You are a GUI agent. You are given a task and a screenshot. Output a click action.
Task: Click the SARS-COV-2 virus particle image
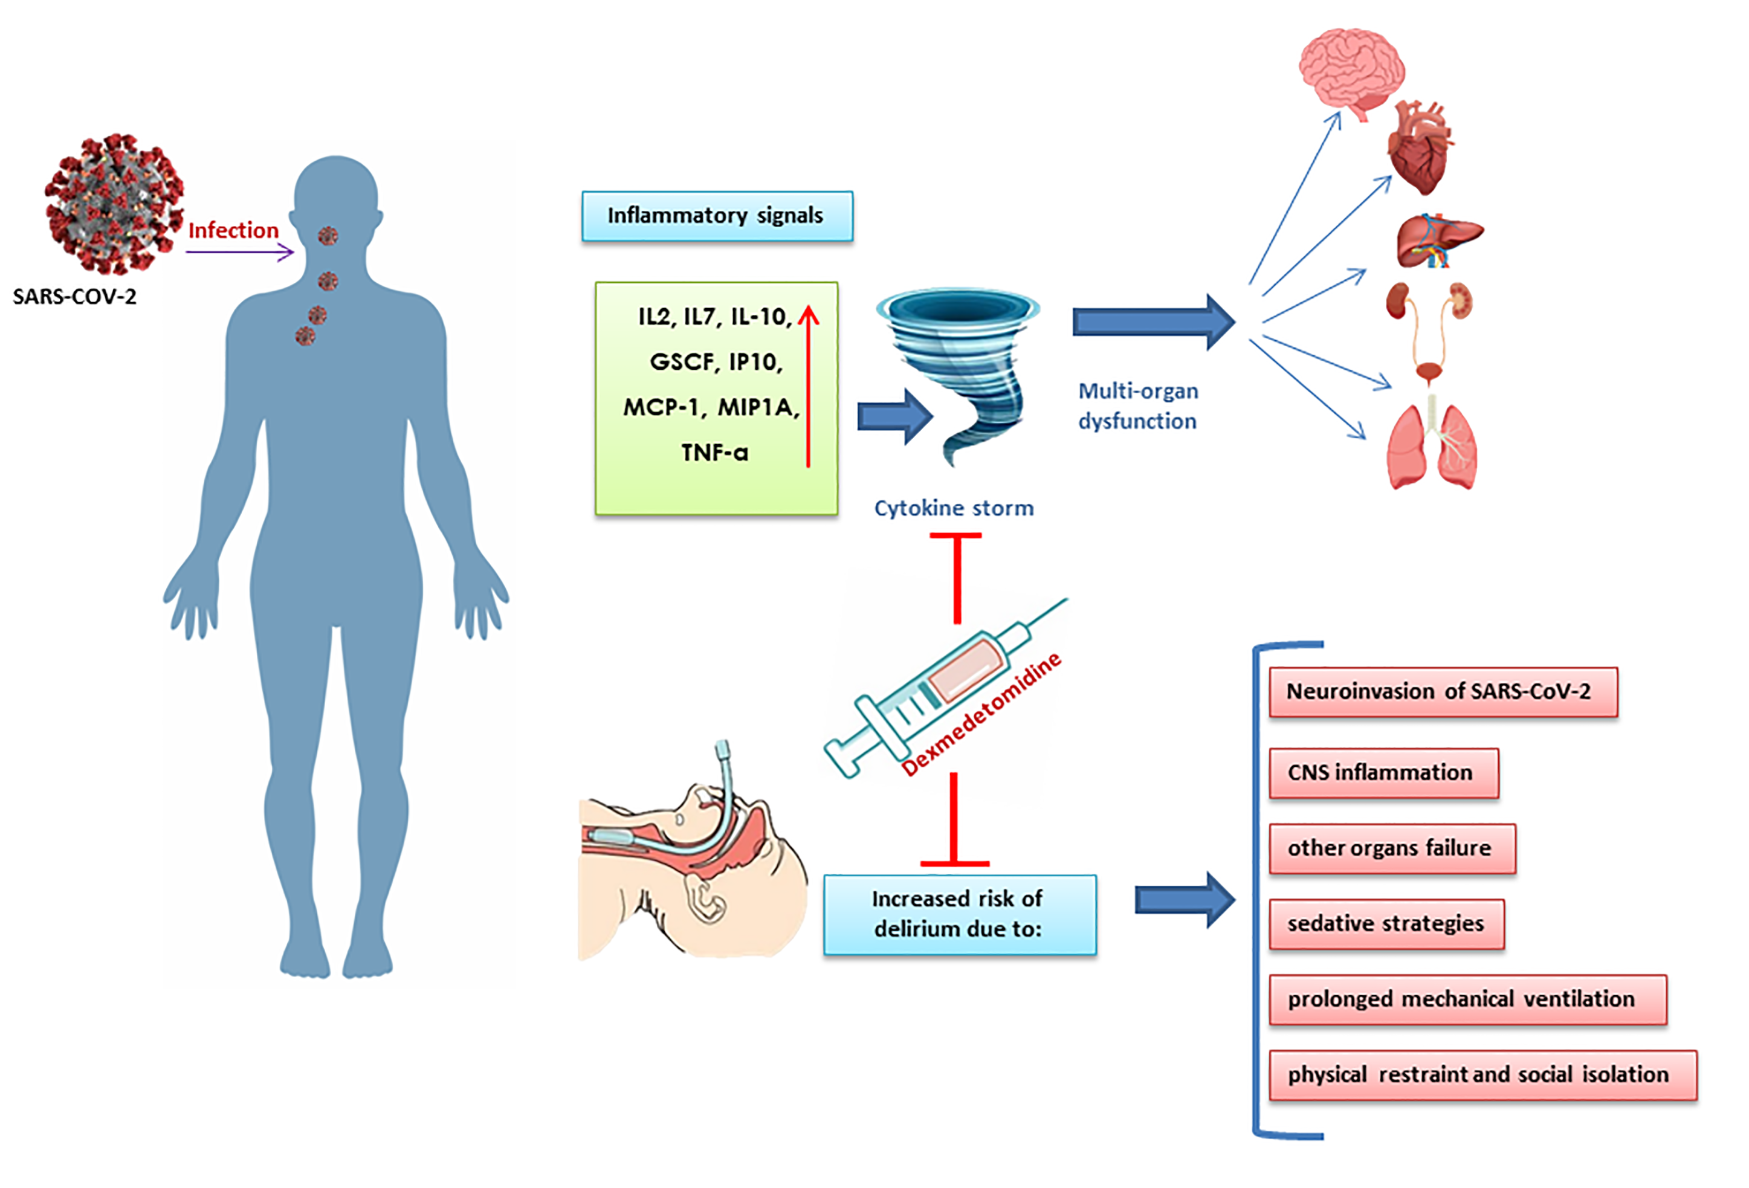113,203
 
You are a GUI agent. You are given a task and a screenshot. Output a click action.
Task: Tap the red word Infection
233,230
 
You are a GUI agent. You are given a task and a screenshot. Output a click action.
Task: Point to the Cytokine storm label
954,509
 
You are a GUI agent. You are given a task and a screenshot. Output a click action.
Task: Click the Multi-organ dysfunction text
1137,406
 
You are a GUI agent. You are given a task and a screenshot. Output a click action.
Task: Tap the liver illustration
1437,241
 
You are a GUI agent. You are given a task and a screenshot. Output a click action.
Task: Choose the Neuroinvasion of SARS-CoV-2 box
1443,691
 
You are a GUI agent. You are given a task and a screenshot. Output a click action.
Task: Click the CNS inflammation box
1383,773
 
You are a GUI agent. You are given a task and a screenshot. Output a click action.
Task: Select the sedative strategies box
1386,923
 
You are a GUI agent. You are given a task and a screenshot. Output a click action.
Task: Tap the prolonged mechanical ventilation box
1467,999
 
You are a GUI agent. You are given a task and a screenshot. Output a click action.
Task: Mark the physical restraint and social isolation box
1482,1074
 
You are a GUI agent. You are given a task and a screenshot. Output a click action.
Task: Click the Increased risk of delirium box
960,914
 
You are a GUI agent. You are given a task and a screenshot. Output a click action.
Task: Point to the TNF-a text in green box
714,452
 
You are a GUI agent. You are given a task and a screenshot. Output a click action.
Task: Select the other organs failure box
1391,848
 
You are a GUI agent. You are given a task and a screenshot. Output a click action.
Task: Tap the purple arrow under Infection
239,252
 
